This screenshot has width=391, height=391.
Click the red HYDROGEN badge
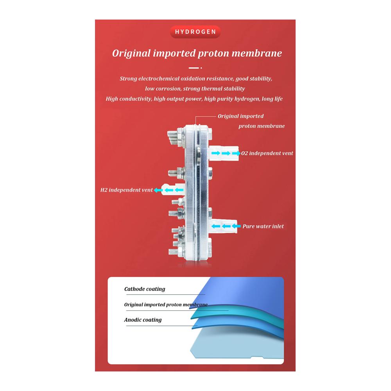tap(195, 32)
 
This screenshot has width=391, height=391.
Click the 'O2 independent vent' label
tap(267, 153)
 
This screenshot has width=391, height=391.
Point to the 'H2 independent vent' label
tap(126, 190)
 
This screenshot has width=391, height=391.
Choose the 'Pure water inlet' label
tap(263, 226)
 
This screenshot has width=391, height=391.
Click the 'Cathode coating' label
tap(145, 289)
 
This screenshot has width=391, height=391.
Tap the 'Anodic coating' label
tap(143, 320)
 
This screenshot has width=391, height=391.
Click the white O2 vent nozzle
tap(223, 153)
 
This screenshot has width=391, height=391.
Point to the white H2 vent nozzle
tap(172, 190)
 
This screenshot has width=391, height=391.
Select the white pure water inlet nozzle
tap(223, 226)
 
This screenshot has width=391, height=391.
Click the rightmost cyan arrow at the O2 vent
tap(236, 153)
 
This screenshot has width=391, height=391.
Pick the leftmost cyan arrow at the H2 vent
tap(158, 190)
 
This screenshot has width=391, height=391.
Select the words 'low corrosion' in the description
tap(163, 89)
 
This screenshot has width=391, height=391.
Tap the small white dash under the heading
tap(194, 68)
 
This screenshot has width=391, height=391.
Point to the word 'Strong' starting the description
tap(128, 79)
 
